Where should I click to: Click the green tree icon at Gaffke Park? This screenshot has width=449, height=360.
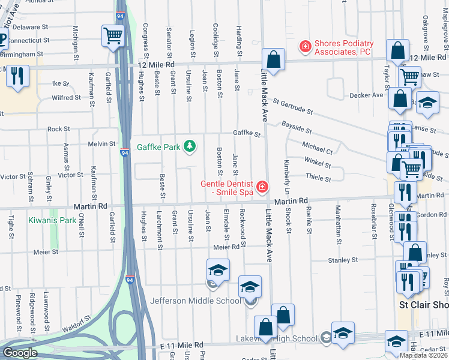click(x=190, y=146)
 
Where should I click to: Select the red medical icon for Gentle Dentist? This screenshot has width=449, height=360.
click(x=261, y=188)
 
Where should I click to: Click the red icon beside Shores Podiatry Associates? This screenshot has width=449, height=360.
click(x=305, y=46)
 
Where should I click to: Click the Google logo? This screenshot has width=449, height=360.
click(x=20, y=352)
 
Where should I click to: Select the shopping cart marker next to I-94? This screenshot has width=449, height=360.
click(x=112, y=37)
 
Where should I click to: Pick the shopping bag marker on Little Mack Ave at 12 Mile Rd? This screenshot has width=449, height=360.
click(x=273, y=61)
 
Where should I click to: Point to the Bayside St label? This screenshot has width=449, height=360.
click(x=297, y=128)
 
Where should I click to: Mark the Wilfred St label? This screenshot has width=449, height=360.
click(x=66, y=98)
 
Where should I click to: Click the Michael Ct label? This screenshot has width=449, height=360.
click(x=318, y=148)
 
